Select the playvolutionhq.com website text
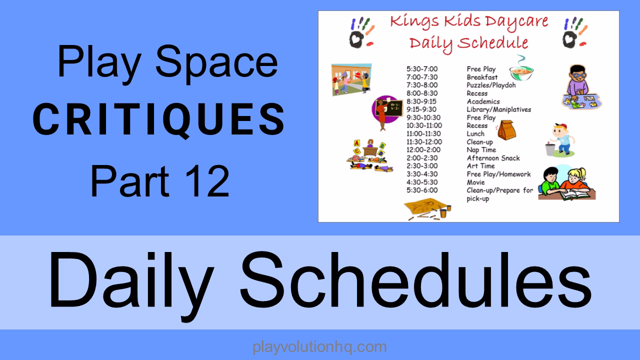320,346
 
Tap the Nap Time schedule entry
481,150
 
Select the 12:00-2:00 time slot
423,150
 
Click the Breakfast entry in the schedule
482,77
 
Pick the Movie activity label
475,182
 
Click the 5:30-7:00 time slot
422,69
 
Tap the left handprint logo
362,32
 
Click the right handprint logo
573,32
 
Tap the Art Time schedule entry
480,166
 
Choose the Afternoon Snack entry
493,158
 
